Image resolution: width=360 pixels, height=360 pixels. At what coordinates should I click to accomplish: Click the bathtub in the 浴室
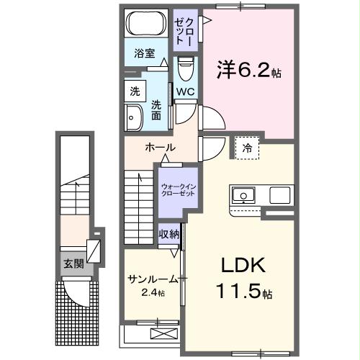pyautogui.click(x=147, y=24)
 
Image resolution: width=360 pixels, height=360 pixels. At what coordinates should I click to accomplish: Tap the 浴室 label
pyautogui.click(x=145, y=53)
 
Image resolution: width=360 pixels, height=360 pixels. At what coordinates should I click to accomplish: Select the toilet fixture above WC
pyautogui.click(x=186, y=71)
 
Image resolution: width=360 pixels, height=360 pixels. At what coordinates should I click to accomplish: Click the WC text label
pyautogui.click(x=185, y=91)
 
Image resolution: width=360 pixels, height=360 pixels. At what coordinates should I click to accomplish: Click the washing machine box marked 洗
pyautogui.click(x=135, y=91)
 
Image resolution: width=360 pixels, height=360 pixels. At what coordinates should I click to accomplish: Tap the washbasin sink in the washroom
pyautogui.click(x=134, y=117)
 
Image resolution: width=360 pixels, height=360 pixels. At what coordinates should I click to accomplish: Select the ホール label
pyautogui.click(x=159, y=148)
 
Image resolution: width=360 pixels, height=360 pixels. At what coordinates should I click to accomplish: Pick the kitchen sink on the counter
pyautogui.click(x=243, y=194)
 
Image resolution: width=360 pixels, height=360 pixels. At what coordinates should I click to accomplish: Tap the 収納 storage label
pyautogui.click(x=169, y=235)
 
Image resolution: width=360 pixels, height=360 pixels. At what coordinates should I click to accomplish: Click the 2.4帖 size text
pyautogui.click(x=153, y=292)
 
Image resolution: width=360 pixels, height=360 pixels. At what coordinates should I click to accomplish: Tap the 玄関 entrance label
pyautogui.click(x=73, y=264)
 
